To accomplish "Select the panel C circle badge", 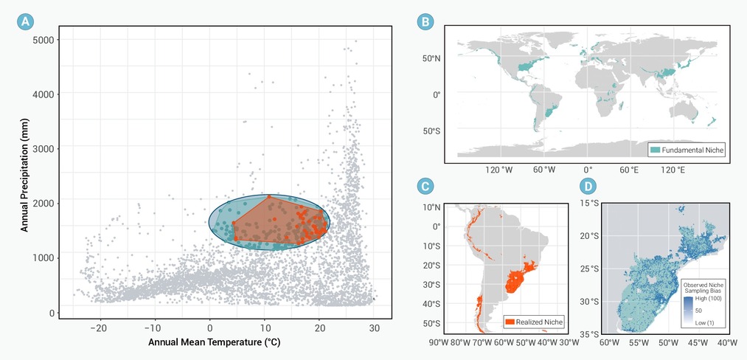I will pyautogui.click(x=425, y=187).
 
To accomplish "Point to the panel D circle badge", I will pyautogui.click(x=588, y=187).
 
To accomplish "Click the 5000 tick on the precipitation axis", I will pyautogui.click(x=42, y=39).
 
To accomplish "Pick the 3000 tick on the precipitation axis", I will pyautogui.click(x=42, y=148).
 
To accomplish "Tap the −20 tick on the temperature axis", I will pyautogui.click(x=98, y=328).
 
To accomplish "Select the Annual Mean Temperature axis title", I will pyautogui.click(x=214, y=343).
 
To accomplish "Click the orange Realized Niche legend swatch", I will pyautogui.click(x=510, y=322).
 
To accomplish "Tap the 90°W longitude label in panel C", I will pyautogui.click(x=439, y=342).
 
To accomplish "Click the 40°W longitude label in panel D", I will pyautogui.click(x=726, y=342).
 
